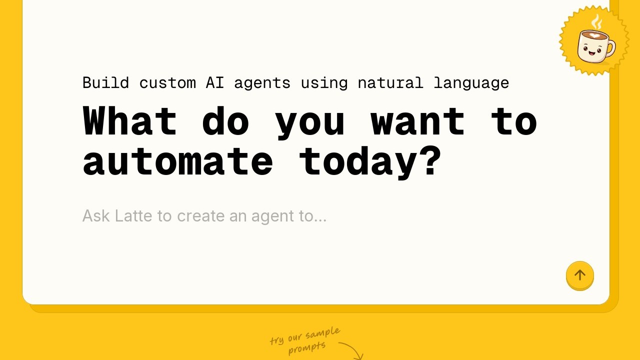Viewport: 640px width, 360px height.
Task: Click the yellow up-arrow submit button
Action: pyautogui.click(x=579, y=275)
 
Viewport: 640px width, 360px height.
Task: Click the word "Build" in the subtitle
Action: pyautogui.click(x=105, y=83)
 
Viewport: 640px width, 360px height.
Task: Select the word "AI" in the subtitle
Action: pyautogui.click(x=215, y=83)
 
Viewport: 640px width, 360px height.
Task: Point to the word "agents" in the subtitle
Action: pyautogui.click(x=262, y=83)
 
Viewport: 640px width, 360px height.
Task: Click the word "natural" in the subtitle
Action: pyautogui.click(x=390, y=83)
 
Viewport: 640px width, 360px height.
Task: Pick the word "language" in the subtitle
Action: pyautogui.click(x=471, y=83)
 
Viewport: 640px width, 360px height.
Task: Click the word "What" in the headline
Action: pyautogui.click(x=130, y=120)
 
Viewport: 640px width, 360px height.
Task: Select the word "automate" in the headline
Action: pyautogui.click(x=178, y=162)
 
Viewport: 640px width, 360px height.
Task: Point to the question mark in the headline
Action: pyautogui.click(x=430, y=160)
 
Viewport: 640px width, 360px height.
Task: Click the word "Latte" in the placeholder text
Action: pyautogui.click(x=133, y=215)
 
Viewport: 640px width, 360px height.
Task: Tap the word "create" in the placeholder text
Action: pyautogui.click(x=201, y=216)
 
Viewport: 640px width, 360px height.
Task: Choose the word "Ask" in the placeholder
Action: pyautogui.click(x=96, y=215)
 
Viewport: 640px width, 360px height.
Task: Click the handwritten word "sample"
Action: pyautogui.click(x=323, y=333)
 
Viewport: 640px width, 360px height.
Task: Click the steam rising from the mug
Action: pyautogui.click(x=597, y=22)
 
